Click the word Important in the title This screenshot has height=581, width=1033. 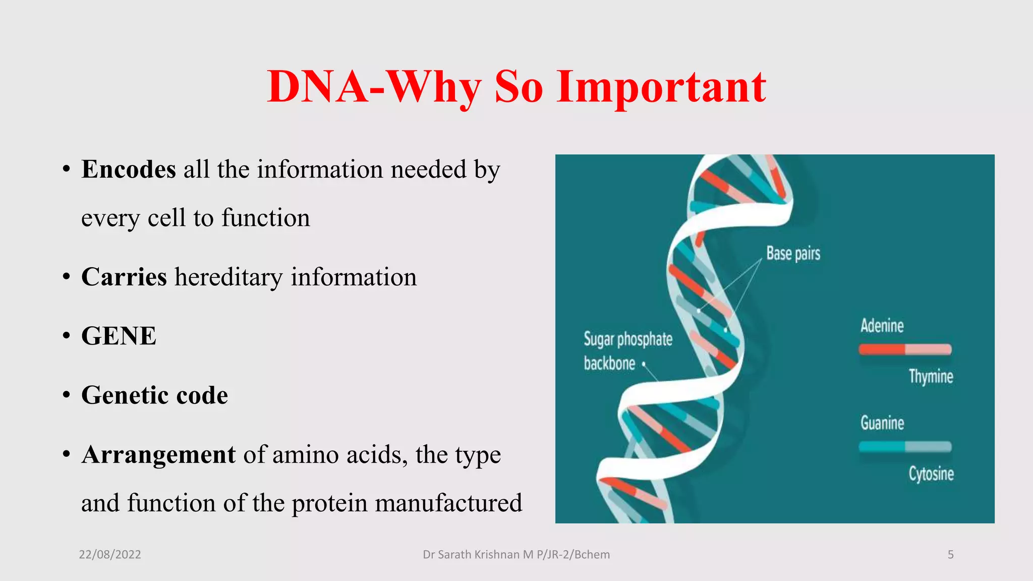[661, 87]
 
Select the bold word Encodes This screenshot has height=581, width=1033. [129, 169]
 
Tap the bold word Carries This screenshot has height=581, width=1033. [124, 277]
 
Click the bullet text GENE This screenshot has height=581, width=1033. [119, 336]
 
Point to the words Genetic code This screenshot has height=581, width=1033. [154, 395]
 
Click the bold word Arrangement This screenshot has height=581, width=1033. [158, 454]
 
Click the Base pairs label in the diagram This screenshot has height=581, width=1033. [793, 253]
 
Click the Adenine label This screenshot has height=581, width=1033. [882, 326]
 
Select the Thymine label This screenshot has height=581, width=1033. [931, 377]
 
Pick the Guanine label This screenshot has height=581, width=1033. [882, 423]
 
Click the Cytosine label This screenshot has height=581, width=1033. [931, 474]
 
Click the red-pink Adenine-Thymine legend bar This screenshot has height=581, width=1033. [905, 349]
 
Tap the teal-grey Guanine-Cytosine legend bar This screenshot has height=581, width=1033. [905, 446]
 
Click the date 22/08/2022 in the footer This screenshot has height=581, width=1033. [110, 555]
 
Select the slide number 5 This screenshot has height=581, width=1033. [950, 555]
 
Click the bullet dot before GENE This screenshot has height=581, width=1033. [66, 336]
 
